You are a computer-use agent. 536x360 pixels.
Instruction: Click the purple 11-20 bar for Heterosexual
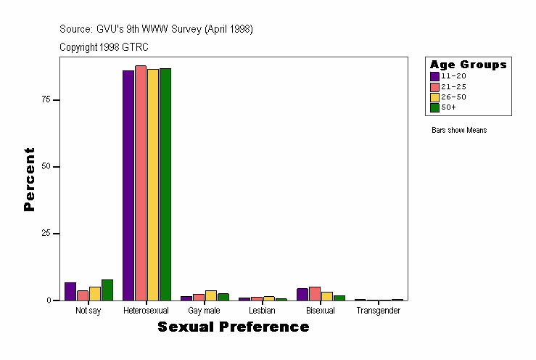[128, 185]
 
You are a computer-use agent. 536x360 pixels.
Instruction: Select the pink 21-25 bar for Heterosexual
[141, 183]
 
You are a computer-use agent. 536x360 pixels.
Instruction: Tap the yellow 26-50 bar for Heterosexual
[153, 184]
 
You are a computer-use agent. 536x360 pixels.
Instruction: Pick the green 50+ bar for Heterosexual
[165, 184]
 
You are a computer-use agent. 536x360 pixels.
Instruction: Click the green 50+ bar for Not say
[107, 290]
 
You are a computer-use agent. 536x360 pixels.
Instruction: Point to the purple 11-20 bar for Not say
[70, 292]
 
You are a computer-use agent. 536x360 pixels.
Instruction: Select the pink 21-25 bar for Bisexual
[315, 294]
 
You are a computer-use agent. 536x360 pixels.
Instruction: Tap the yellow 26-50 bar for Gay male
[211, 295]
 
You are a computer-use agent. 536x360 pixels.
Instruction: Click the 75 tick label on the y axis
[46, 99]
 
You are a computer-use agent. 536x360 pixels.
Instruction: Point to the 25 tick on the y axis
[46, 234]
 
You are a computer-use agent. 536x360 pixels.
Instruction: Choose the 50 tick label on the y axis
[46, 167]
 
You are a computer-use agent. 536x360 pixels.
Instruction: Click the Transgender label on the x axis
[378, 311]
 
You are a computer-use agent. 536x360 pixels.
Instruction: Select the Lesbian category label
[262, 311]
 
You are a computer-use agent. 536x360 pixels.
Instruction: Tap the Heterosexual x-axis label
[146, 311]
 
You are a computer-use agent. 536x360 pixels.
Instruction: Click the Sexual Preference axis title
[233, 327]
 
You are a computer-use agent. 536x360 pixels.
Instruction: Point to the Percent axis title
[29, 179]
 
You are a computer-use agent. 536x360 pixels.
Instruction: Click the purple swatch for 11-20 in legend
[434, 76]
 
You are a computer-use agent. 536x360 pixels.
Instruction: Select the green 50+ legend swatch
[434, 107]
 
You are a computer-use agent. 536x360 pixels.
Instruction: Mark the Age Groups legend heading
[468, 65]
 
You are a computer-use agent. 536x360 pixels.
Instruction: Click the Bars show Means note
[459, 131]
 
